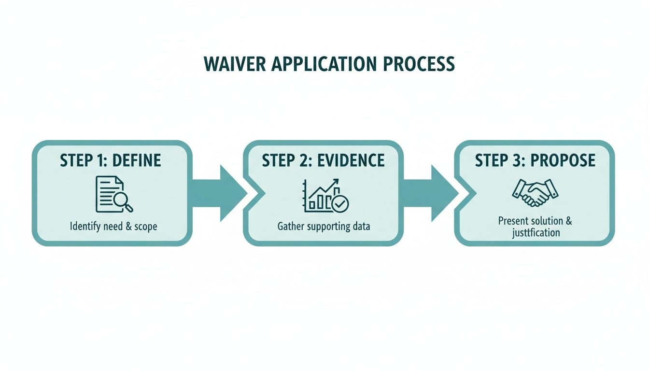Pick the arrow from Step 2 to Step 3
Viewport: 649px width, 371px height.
click(430, 193)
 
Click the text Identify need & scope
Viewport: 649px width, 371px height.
click(113, 226)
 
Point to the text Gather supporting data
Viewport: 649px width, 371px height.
click(324, 226)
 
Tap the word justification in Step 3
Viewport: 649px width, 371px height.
click(536, 233)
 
